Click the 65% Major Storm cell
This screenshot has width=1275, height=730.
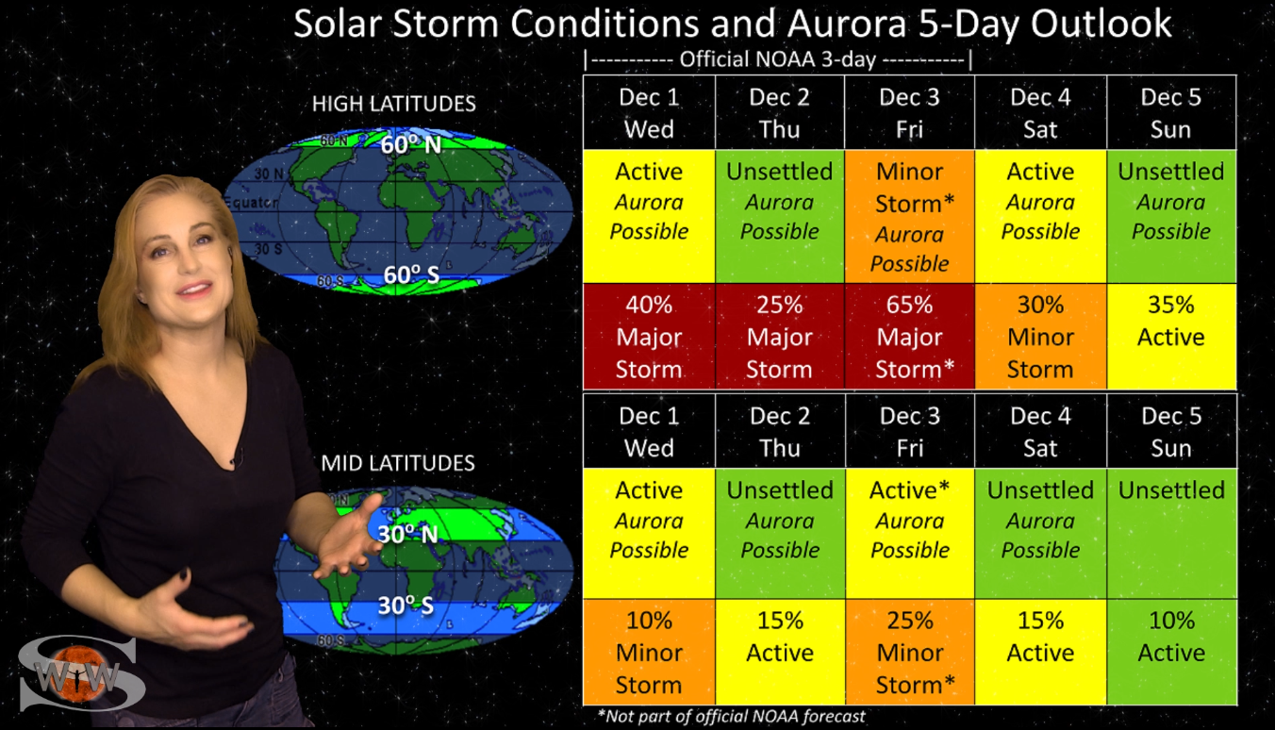coord(910,337)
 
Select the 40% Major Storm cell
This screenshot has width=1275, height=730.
coord(649,337)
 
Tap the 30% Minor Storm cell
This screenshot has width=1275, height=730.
coord(1040,337)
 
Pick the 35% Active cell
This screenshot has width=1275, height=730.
coord(1171,337)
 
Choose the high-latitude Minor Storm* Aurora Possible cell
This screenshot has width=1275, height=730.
coord(910,216)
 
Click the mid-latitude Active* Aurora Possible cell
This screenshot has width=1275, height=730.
coord(910,534)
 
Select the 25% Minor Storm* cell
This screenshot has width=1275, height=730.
coord(910,652)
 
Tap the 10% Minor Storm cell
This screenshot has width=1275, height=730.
coord(649,652)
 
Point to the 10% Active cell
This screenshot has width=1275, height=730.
coord(1171,652)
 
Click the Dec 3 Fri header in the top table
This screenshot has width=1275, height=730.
coord(910,113)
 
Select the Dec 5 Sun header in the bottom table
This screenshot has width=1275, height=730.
coord(1171,432)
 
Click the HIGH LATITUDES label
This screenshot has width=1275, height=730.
coord(394,104)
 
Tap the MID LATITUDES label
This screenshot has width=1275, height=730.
coord(398,463)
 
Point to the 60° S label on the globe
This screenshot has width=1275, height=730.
coord(411,275)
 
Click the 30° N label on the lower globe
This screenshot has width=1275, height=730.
coord(407,534)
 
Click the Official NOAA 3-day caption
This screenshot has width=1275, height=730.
coord(777,59)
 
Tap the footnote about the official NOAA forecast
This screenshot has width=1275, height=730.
coord(732,716)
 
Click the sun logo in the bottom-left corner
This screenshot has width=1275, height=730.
coord(78,673)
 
